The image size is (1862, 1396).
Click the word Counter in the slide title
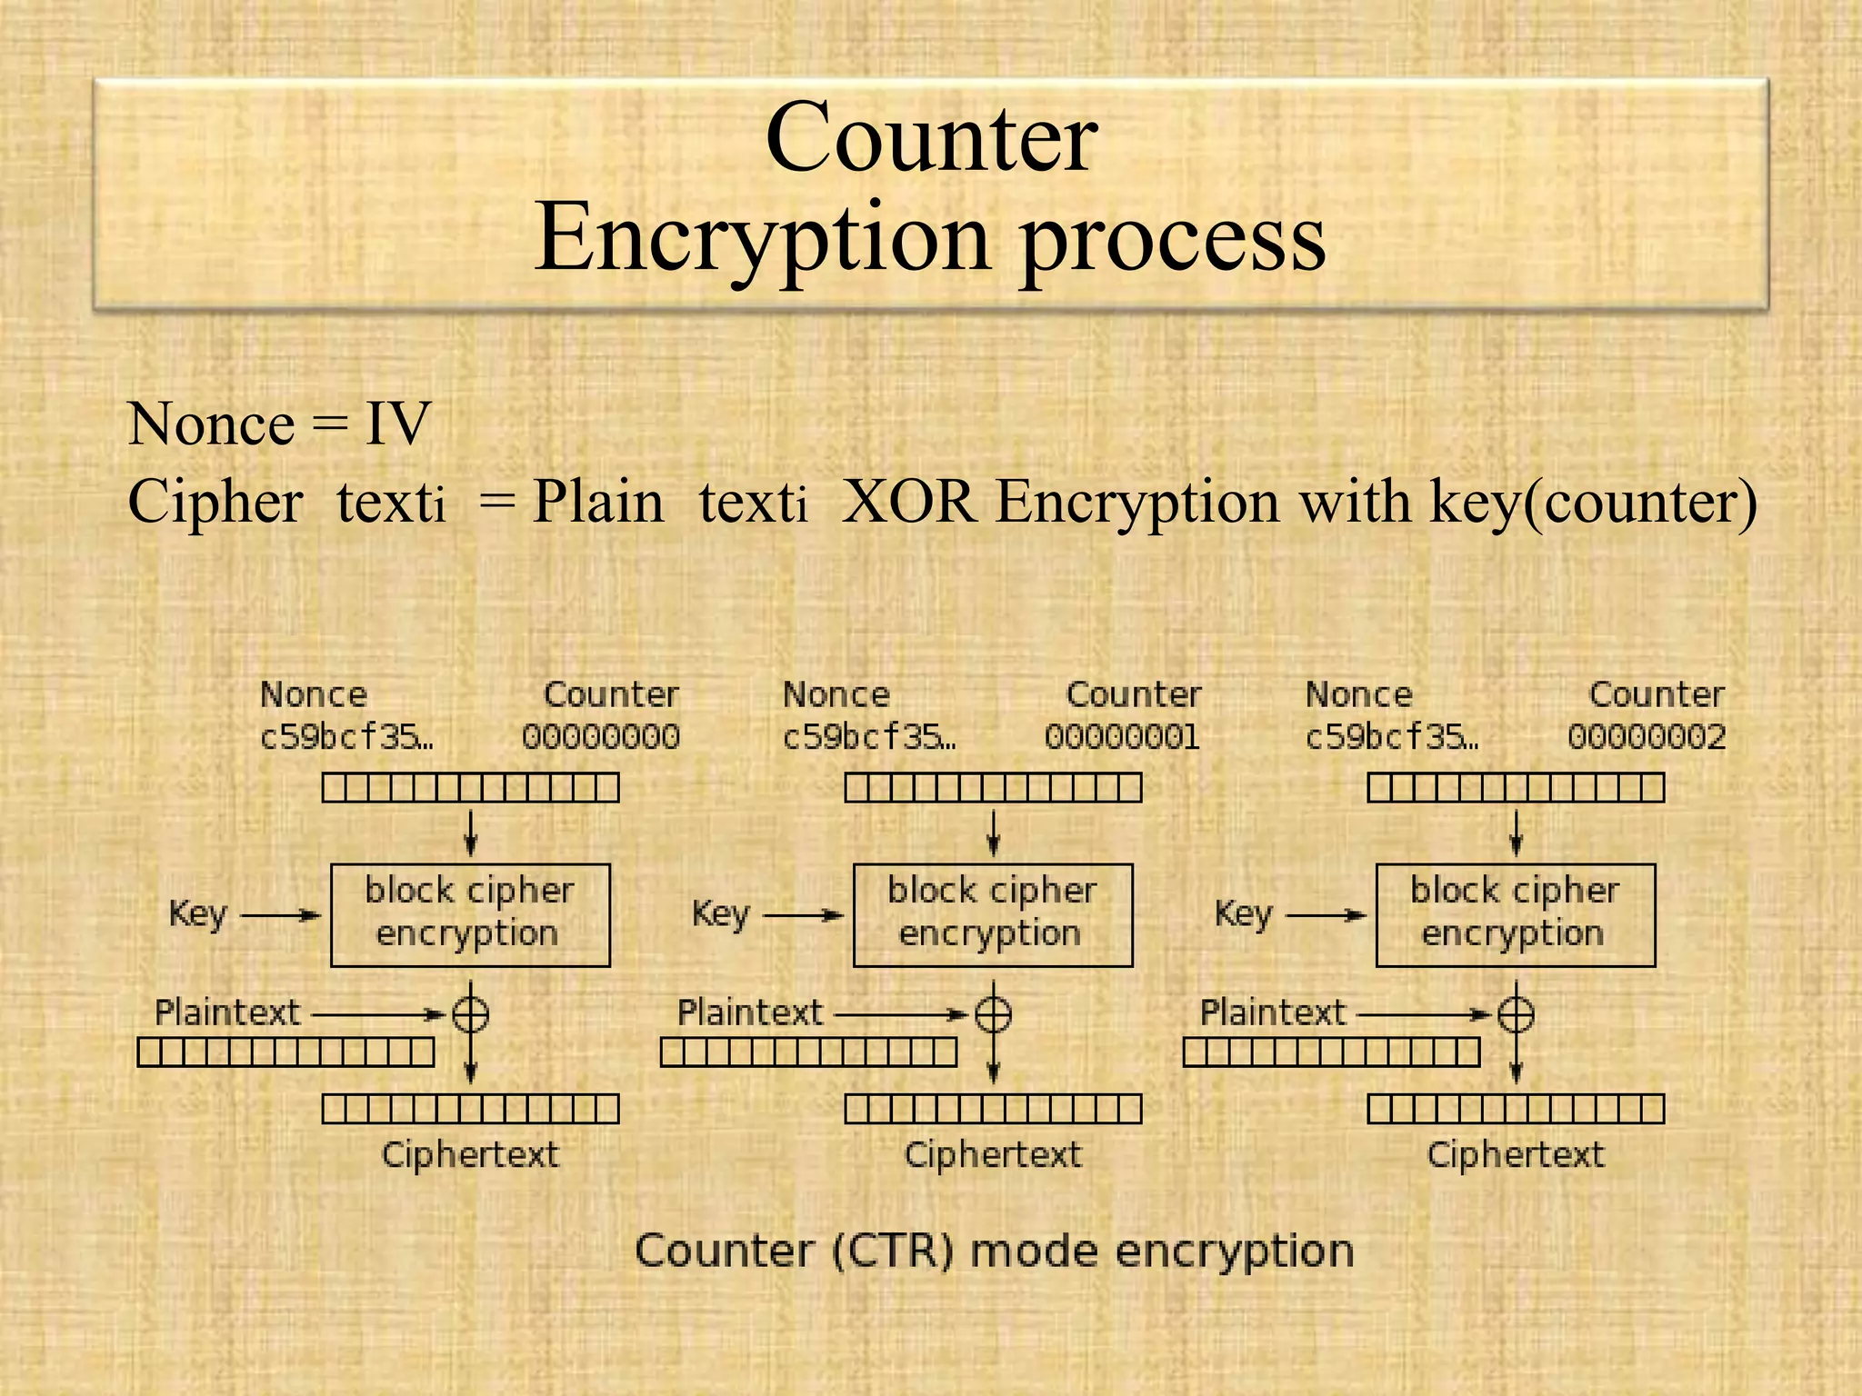tap(932, 138)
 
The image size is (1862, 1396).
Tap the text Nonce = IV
tap(279, 424)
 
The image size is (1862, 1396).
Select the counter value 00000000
tap(601, 736)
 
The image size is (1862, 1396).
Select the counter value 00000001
tap(1123, 736)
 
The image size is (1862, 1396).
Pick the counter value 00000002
tap(1647, 736)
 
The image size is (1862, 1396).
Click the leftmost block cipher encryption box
tap(470, 914)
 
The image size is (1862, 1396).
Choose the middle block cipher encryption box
tap(993, 914)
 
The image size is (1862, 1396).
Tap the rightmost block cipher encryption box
tap(1516, 914)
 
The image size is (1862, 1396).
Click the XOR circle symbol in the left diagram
tap(471, 1013)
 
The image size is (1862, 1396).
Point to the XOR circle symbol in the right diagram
tap(1516, 1013)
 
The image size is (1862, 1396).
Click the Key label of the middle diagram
tap(721, 913)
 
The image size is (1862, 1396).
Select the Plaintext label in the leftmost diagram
tap(227, 1012)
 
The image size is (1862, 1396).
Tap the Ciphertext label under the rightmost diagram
tap(1516, 1154)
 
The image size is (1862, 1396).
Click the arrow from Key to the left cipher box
tap(281, 915)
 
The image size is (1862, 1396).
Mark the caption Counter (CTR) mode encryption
tap(995, 1251)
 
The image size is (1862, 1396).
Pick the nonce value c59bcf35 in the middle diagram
tap(869, 736)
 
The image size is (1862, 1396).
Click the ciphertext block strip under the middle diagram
tap(993, 1109)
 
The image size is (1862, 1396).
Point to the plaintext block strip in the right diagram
tap(1332, 1052)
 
